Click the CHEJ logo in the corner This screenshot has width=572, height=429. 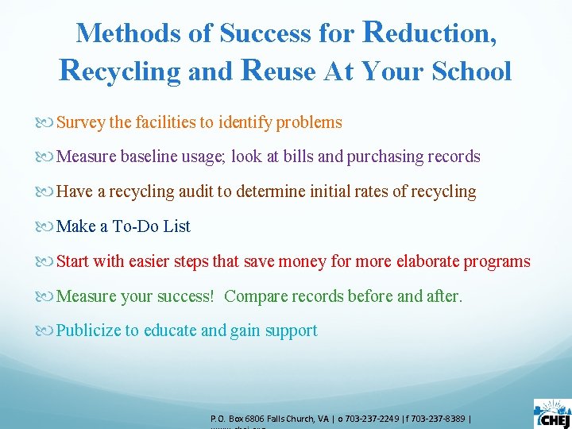click(551, 413)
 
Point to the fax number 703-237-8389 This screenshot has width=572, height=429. click(439, 418)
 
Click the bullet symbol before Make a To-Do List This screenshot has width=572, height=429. click(49, 226)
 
